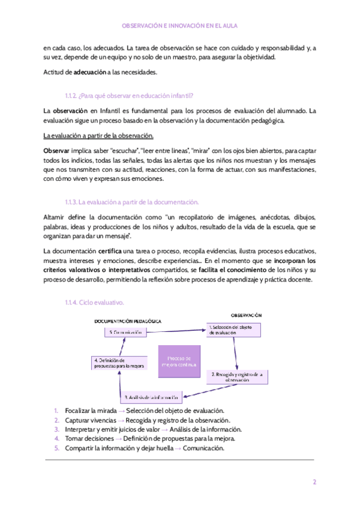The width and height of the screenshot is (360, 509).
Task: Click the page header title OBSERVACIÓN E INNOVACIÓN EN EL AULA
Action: point(180,26)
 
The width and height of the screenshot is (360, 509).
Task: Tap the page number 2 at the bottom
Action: point(314,482)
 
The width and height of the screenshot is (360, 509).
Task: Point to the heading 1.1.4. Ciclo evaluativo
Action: point(94,302)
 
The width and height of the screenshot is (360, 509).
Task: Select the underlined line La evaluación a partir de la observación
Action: point(99,135)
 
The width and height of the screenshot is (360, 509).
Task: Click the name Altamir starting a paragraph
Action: point(56,217)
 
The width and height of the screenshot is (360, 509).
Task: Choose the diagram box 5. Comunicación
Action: point(125,331)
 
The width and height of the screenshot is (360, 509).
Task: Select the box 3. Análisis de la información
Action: point(151,398)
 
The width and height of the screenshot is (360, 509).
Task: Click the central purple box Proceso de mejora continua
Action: point(178,361)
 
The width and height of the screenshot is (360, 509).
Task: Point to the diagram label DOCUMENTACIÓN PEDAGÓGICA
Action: point(128,321)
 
